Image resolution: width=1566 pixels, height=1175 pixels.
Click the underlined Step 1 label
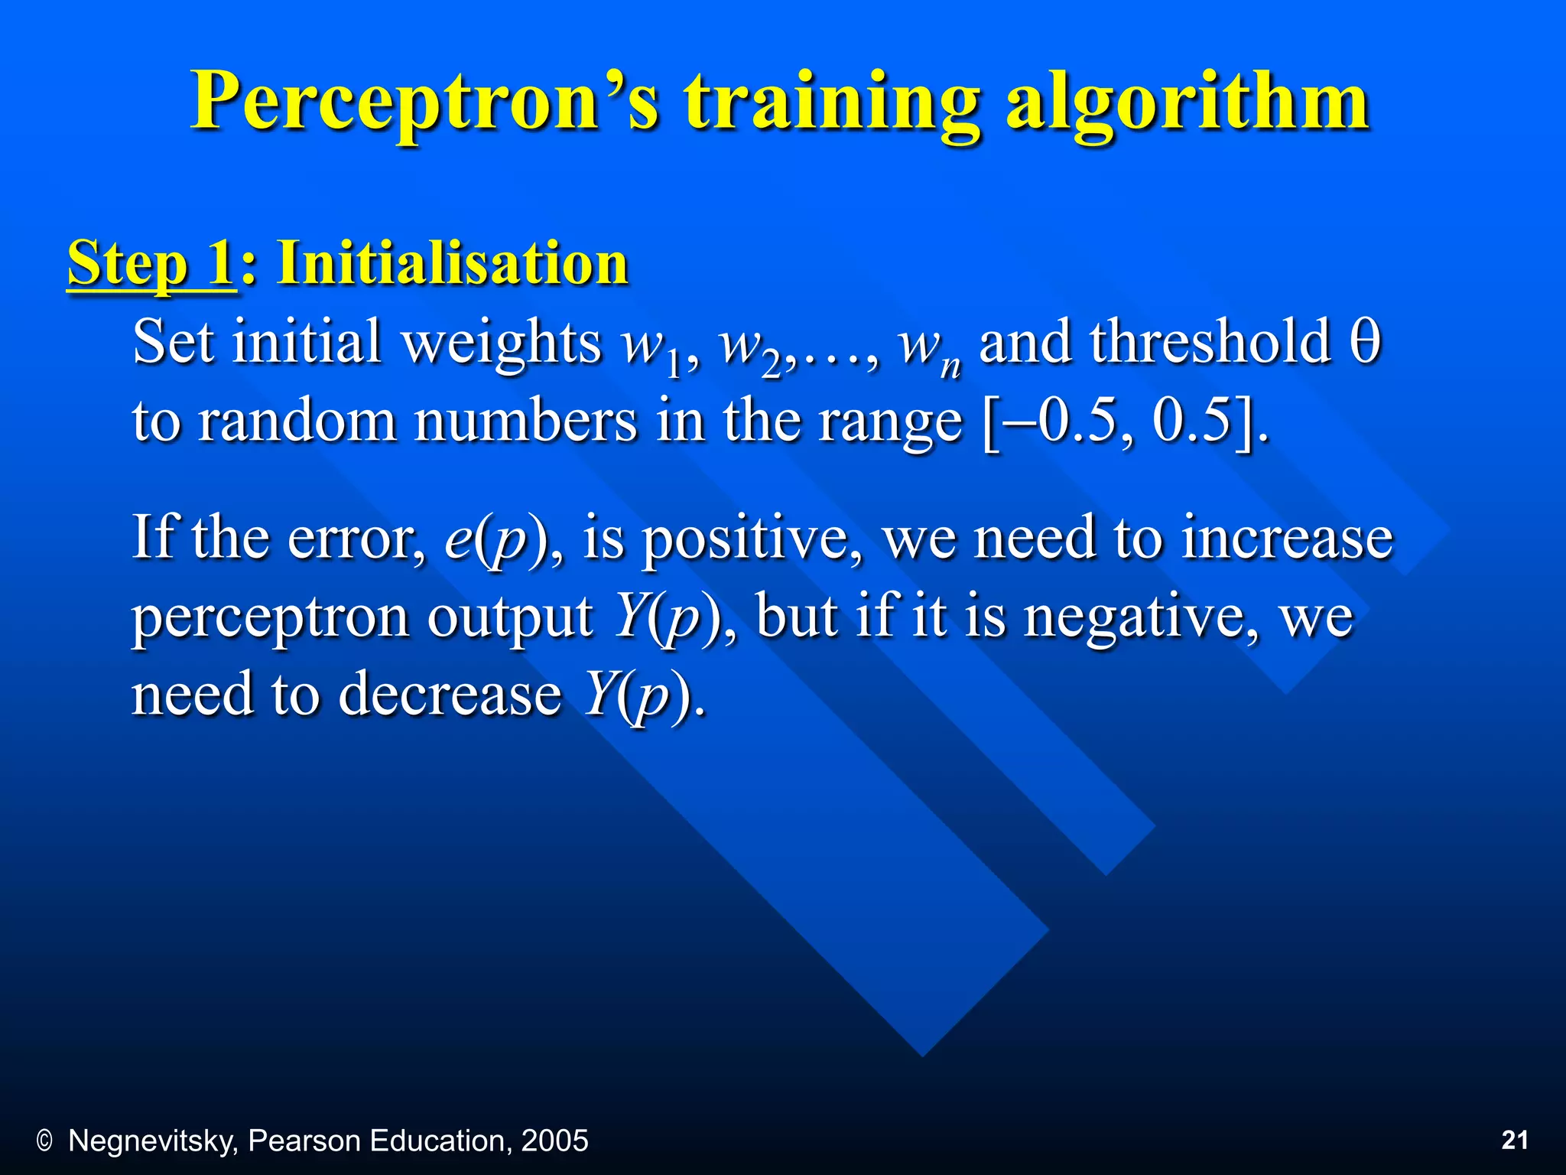151,263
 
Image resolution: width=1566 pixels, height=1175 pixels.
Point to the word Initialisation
453,263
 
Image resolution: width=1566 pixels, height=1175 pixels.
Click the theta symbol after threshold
1365,342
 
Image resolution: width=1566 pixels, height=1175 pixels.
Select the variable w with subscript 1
650,346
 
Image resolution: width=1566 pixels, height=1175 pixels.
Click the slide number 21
1515,1141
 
